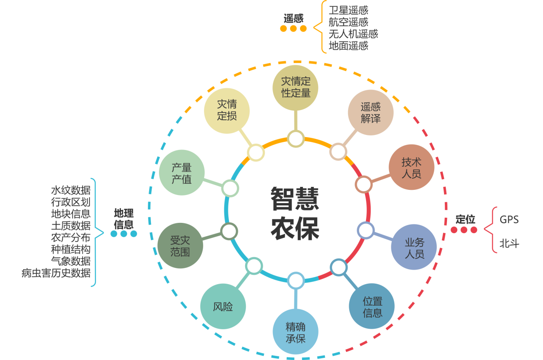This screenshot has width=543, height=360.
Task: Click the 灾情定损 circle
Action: click(x=227, y=111)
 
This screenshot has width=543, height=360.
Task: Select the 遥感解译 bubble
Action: click(x=370, y=112)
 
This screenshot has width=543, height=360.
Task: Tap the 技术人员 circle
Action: click(x=411, y=168)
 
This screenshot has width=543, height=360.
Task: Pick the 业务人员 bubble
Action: click(x=414, y=247)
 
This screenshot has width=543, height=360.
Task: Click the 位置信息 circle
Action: click(x=372, y=306)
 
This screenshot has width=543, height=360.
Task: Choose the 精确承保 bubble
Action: click(x=296, y=332)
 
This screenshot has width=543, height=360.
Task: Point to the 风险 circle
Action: click(x=223, y=307)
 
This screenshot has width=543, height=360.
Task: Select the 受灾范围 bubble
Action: click(x=180, y=246)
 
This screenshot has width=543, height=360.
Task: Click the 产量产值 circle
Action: click(x=181, y=173)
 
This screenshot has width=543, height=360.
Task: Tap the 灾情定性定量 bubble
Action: click(x=295, y=87)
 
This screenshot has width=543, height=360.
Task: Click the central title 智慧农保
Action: click(x=295, y=213)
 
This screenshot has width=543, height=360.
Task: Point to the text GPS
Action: click(x=509, y=220)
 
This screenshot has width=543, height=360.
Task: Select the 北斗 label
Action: click(x=509, y=244)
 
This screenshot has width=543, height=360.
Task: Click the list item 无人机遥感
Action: click(x=353, y=34)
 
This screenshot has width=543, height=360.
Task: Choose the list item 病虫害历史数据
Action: click(x=56, y=273)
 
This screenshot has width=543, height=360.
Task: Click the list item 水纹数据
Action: click(x=71, y=190)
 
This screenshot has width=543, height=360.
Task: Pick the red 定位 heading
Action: click(x=465, y=219)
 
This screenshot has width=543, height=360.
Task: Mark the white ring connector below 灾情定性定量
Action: click(x=296, y=139)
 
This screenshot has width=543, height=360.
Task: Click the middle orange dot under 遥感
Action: click(x=294, y=29)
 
